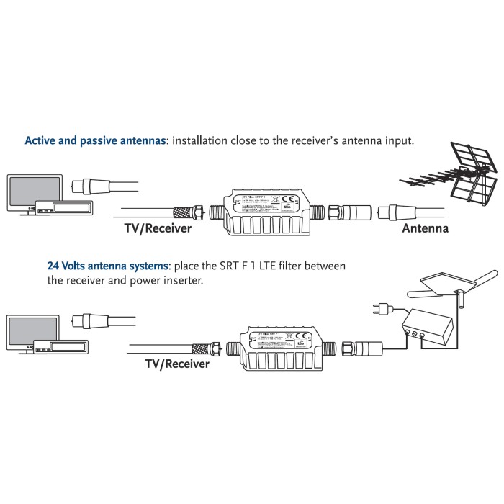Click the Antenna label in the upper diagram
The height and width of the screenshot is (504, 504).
[x=425, y=228]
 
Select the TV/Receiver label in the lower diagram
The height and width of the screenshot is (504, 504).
[x=177, y=364]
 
